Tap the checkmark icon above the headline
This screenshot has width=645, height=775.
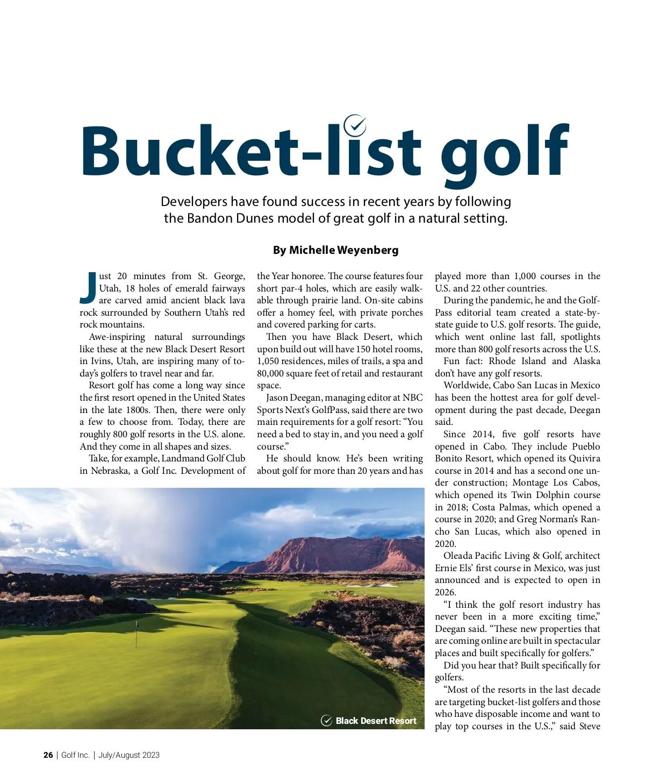(355, 125)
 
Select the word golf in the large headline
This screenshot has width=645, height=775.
(504, 153)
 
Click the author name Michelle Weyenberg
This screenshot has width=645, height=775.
(343, 250)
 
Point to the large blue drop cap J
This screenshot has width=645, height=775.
(88, 288)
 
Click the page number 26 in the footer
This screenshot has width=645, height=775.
(48, 755)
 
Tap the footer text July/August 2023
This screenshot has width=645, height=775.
(129, 755)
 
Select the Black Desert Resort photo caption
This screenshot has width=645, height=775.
(376, 721)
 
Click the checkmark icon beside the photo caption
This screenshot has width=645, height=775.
(326, 721)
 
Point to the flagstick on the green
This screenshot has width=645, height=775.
(137, 632)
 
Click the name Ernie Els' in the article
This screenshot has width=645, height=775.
(455, 568)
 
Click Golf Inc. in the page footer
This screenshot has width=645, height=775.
(75, 755)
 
